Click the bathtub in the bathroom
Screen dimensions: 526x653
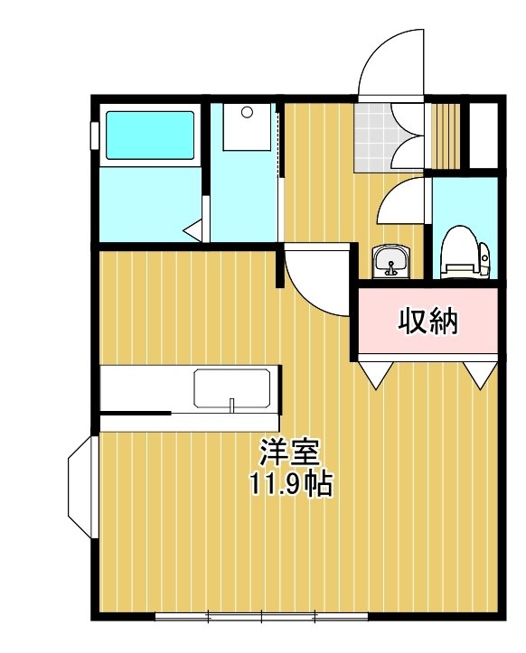[x=150, y=135]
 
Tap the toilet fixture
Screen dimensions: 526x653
[x=465, y=252]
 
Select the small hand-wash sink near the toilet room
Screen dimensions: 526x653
[x=391, y=261]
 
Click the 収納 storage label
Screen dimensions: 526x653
[x=427, y=322]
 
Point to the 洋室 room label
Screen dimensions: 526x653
[x=290, y=452]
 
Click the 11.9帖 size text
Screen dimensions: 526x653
[x=291, y=483]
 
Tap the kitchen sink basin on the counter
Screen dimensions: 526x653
[x=231, y=387]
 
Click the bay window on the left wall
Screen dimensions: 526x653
[x=82, y=487]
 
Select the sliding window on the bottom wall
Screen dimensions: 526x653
[x=261, y=616]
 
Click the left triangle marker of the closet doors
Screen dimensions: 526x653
[x=376, y=375]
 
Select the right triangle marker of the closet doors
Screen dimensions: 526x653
[x=480, y=375]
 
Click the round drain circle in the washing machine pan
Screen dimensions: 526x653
[x=247, y=112]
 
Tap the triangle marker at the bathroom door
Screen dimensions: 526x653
[x=193, y=230]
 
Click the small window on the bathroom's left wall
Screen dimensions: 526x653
[x=95, y=135]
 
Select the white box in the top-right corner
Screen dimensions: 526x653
[x=484, y=135]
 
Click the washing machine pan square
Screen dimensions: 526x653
[x=247, y=126]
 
